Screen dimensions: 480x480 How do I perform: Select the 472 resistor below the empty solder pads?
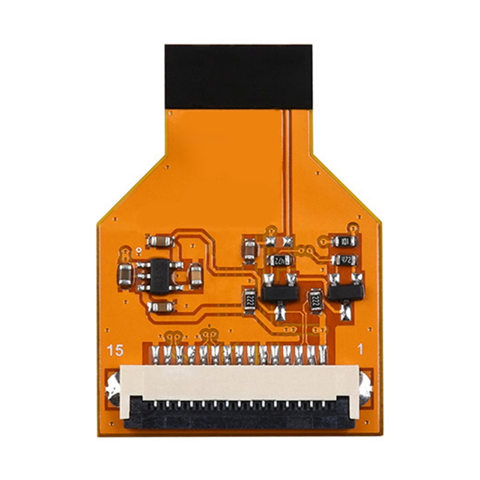[x=280, y=260]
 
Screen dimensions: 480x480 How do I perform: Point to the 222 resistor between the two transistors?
[x=316, y=301]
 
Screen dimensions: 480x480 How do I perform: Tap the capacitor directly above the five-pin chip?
[x=160, y=241]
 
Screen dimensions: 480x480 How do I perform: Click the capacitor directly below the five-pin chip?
[x=161, y=306]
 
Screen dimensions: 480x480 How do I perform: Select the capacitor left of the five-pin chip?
[x=125, y=274]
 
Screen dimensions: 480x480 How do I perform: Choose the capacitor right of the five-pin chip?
[x=195, y=275]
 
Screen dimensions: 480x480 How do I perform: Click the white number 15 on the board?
[x=116, y=351]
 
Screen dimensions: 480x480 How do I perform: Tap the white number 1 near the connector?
[x=361, y=351]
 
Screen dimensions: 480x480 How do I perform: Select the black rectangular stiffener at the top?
[x=238, y=77]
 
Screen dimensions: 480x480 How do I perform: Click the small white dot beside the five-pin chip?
[x=138, y=250]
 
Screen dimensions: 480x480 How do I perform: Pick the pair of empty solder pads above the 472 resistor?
[x=279, y=241]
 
